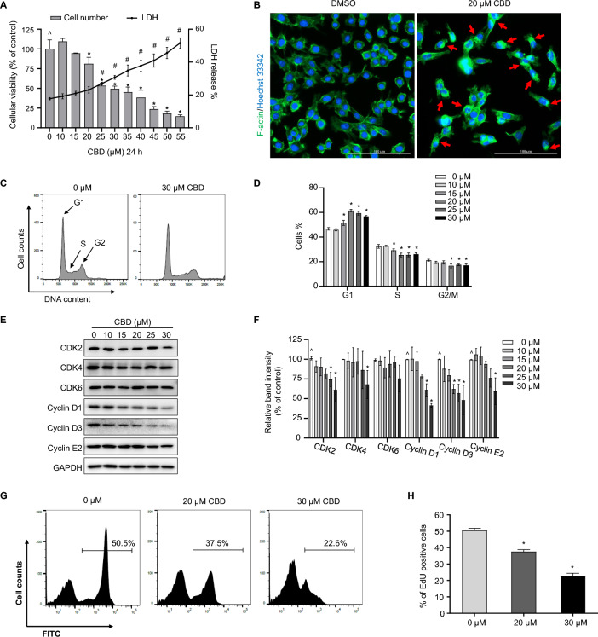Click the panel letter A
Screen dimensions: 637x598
pos(8,8)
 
